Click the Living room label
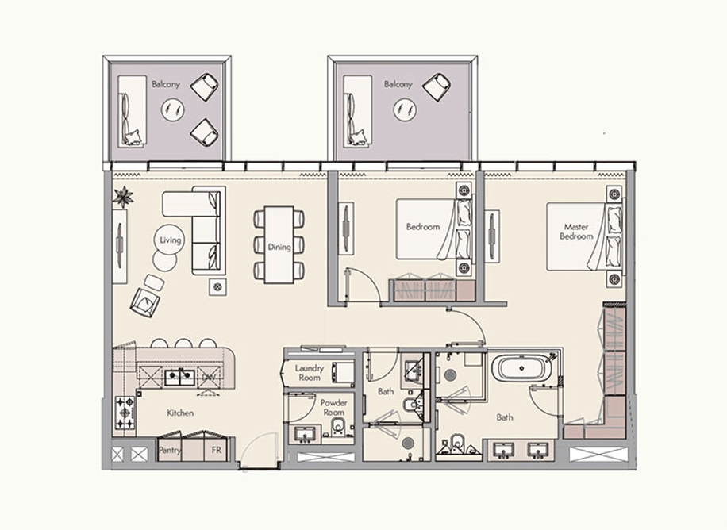pyautogui.click(x=171, y=240)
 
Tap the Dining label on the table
pyautogui.click(x=279, y=247)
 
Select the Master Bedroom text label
pyautogui.click(x=576, y=232)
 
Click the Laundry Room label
pyautogui.click(x=310, y=373)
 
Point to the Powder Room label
pyautogui.click(x=333, y=408)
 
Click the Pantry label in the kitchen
pyautogui.click(x=170, y=451)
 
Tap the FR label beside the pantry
pyautogui.click(x=215, y=451)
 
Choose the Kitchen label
pyautogui.click(x=180, y=413)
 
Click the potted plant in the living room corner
pyautogui.click(x=122, y=196)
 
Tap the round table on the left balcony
pyautogui.click(x=172, y=110)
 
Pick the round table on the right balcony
pyautogui.click(x=405, y=109)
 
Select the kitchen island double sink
pyautogui.click(x=179, y=377)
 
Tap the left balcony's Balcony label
pyautogui.click(x=165, y=83)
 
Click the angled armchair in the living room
pyautogui.click(x=147, y=301)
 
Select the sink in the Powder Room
pyautogui.click(x=304, y=434)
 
